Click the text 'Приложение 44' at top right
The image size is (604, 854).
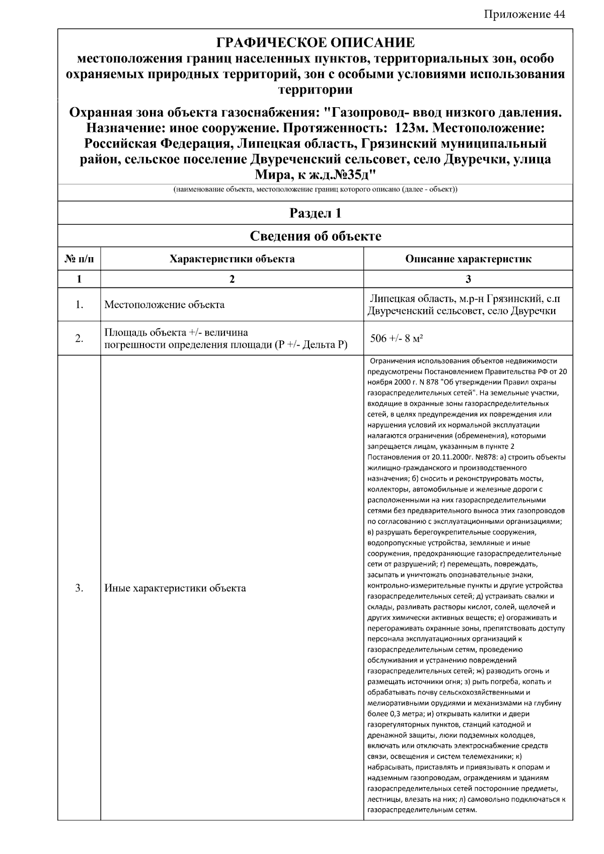point(524,14)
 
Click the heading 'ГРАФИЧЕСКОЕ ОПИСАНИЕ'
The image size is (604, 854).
point(316,43)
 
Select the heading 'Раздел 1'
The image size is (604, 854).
point(316,213)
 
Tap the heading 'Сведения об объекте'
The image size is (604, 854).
point(316,236)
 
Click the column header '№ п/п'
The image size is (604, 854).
point(79,259)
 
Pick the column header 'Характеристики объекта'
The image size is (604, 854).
point(232,259)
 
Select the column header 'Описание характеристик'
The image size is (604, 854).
point(468,259)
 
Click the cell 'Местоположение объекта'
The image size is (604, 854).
point(164,305)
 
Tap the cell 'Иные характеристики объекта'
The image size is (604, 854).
point(175,588)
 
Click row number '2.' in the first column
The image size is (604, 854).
point(79,339)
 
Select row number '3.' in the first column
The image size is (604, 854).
point(79,588)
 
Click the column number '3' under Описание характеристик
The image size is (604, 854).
point(468,279)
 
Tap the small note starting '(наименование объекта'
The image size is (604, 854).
point(316,190)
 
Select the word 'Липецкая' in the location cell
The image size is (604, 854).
point(391,299)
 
